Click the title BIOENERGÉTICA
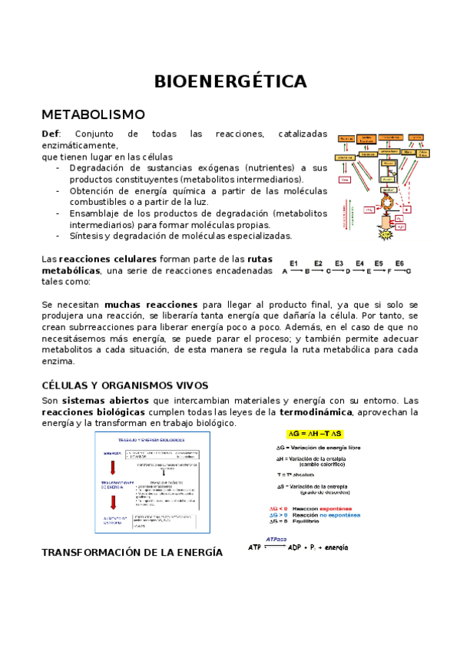point(230,81)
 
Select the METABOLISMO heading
point(93,114)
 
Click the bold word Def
point(50,134)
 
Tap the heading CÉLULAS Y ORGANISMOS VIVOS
point(124,385)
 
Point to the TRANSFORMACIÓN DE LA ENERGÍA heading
point(132,552)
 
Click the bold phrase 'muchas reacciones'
point(151,305)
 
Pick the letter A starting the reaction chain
point(285,272)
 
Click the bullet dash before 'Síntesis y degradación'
point(59,236)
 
